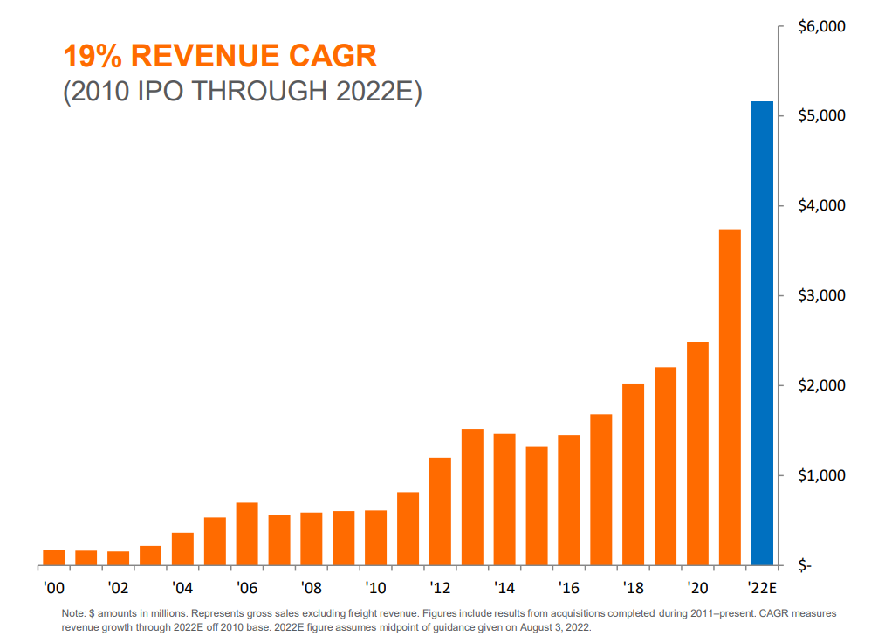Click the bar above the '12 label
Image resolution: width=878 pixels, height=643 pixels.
coord(440,510)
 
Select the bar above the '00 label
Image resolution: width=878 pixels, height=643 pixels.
coord(54,557)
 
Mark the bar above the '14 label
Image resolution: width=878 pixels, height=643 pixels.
coord(504,498)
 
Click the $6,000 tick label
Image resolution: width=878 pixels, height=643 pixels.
coord(821,26)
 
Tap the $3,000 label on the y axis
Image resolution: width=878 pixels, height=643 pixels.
coord(821,296)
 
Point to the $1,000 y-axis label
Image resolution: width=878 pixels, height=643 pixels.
coord(821,476)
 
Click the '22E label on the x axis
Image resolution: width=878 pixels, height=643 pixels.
coord(762,586)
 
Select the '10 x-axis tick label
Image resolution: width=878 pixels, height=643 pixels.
coord(375,586)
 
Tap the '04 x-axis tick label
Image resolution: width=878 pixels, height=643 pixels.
coord(182,586)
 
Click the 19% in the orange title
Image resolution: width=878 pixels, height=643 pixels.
coord(93,57)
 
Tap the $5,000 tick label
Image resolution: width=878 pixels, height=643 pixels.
coord(821,116)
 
